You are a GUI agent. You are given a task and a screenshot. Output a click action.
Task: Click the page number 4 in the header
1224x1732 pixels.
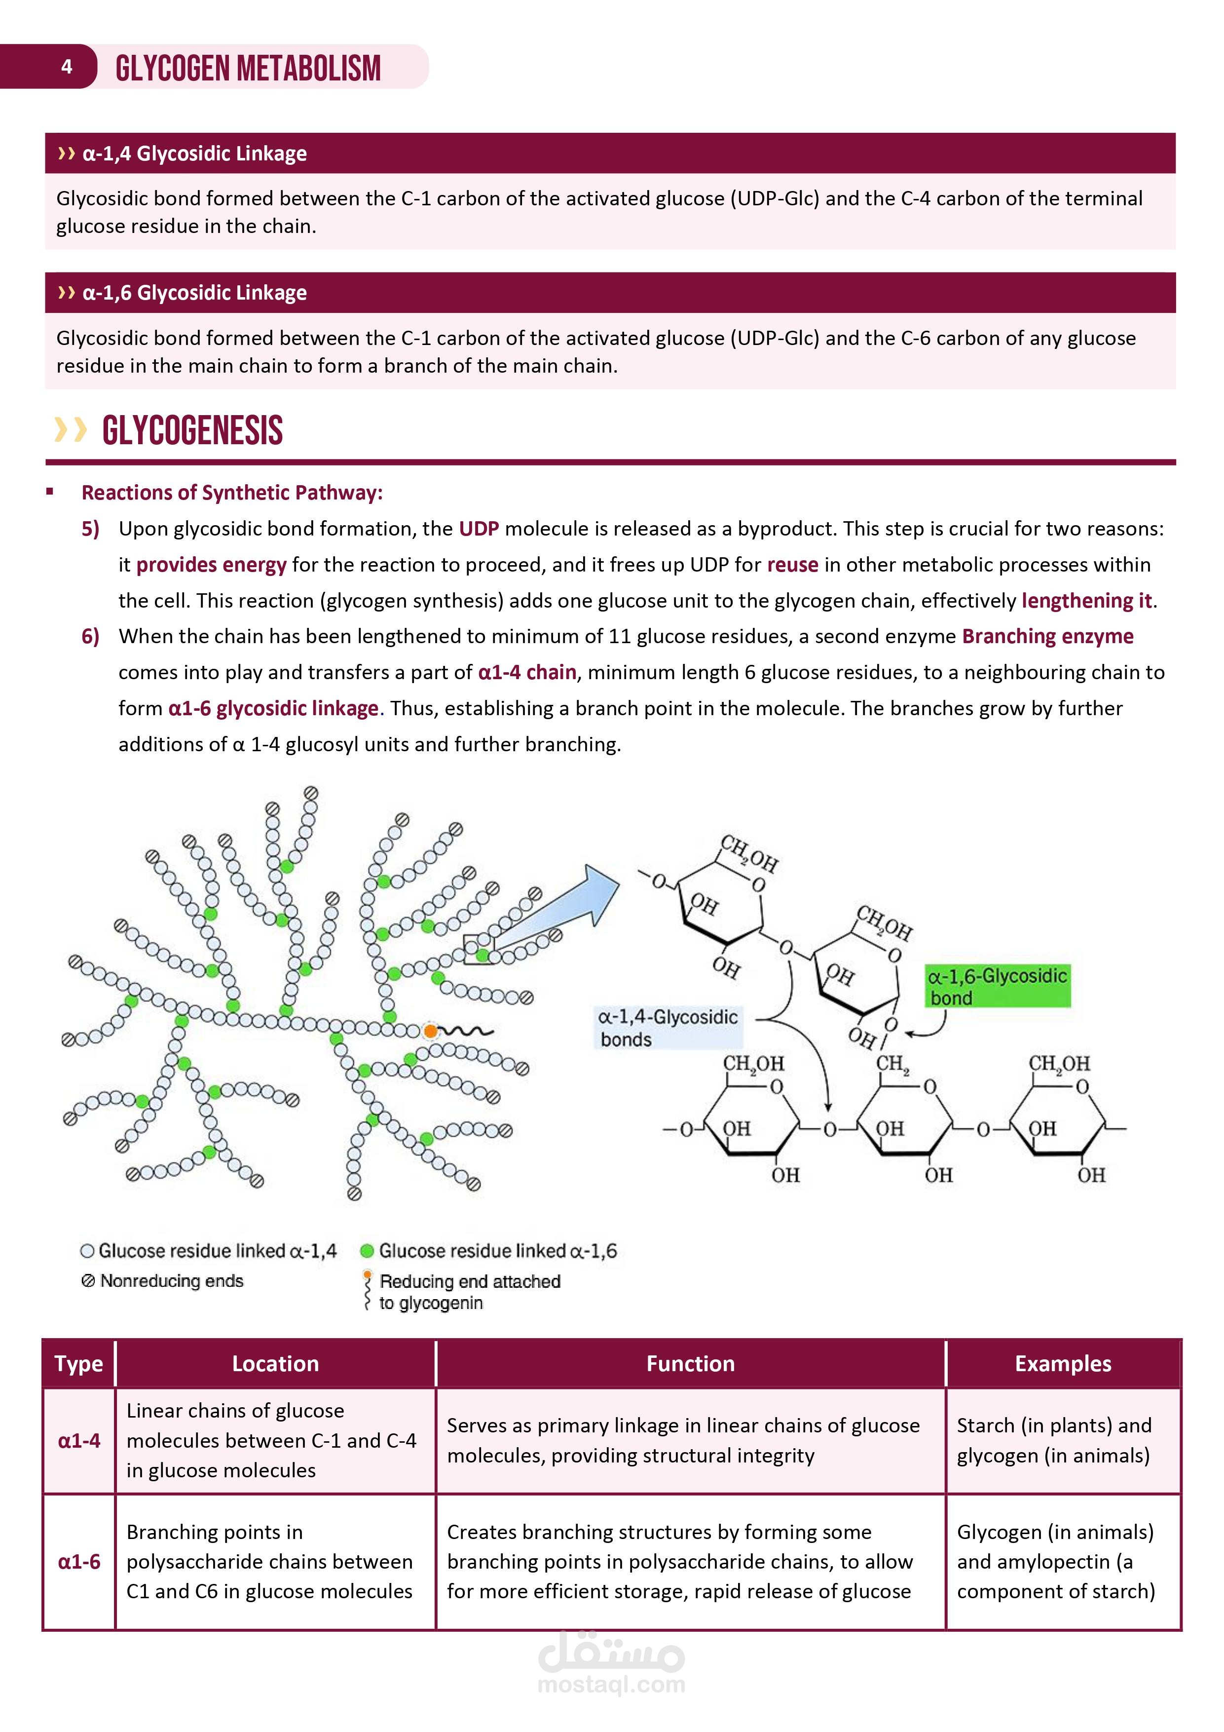pyautogui.click(x=67, y=66)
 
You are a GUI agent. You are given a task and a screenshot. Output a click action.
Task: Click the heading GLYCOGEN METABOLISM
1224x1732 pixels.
pyautogui.click(x=248, y=68)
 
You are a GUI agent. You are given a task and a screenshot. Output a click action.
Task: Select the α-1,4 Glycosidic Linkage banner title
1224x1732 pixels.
pyautogui.click(x=194, y=153)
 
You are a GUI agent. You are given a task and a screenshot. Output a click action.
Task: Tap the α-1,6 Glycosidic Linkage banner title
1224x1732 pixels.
pyautogui.click(x=194, y=293)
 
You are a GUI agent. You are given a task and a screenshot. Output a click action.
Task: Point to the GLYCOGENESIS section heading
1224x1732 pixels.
pyautogui.click(x=192, y=431)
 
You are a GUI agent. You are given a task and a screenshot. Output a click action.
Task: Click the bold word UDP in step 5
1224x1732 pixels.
pyautogui.click(x=479, y=529)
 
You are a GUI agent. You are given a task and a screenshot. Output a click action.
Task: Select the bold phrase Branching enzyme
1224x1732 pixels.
pyautogui.click(x=1047, y=637)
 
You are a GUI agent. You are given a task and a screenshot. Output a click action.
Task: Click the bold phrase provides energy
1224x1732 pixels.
pyautogui.click(x=211, y=565)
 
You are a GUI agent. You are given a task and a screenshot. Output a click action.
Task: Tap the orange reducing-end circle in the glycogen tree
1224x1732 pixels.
pyautogui.click(x=430, y=1031)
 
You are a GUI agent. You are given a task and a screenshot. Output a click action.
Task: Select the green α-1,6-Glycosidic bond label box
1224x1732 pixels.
pyautogui.click(x=997, y=986)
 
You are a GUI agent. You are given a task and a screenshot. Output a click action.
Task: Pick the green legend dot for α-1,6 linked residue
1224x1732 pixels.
pyautogui.click(x=367, y=1251)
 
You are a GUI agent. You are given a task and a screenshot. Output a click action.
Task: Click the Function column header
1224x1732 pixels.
pyautogui.click(x=690, y=1363)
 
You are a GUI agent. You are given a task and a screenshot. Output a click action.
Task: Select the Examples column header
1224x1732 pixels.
pyautogui.click(x=1063, y=1363)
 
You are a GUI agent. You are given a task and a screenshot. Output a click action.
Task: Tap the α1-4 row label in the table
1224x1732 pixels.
pyautogui.click(x=79, y=1441)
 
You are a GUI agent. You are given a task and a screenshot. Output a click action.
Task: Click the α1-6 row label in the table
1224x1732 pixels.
pyautogui.click(x=79, y=1562)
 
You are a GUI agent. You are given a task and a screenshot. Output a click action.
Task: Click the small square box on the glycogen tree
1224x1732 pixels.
pyautogui.click(x=478, y=948)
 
